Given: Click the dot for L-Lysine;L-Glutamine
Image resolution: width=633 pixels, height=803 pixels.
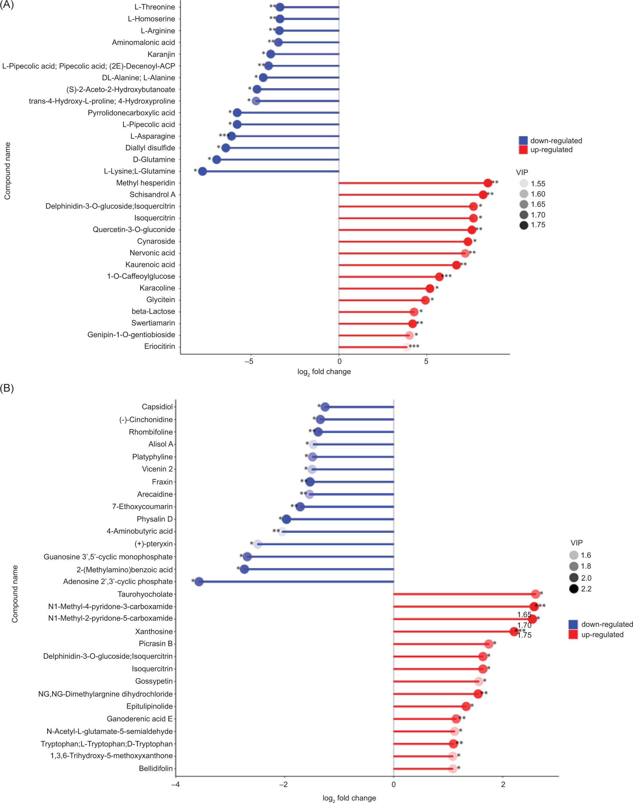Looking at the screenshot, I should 202,171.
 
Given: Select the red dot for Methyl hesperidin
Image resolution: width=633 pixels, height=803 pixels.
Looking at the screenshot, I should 488,183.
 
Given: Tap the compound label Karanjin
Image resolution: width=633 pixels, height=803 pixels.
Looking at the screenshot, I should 161,55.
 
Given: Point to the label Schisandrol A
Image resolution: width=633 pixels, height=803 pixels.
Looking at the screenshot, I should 152,195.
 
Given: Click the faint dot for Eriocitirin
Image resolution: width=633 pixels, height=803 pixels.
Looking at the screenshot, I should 407,347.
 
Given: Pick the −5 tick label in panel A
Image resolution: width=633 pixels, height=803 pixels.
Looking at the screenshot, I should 249,361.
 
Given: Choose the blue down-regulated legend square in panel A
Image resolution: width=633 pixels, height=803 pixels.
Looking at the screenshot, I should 523,141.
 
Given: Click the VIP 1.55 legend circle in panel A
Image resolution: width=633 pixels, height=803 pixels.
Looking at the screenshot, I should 524,184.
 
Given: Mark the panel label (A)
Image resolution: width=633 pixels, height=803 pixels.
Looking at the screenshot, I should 7,5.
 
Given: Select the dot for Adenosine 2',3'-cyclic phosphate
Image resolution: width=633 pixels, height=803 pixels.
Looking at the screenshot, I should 199,582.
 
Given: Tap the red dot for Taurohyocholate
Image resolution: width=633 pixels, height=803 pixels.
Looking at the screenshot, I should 535,594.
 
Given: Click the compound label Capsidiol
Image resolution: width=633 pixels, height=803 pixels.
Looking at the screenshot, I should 157,407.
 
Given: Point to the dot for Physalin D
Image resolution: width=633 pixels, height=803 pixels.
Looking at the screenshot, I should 286,519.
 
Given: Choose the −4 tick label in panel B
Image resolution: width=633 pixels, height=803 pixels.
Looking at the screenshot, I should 175,785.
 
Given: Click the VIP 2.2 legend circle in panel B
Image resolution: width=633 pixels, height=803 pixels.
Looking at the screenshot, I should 574,589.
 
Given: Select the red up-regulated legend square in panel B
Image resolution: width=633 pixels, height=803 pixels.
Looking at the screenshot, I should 573,634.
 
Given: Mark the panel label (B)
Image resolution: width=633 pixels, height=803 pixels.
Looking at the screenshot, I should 7,388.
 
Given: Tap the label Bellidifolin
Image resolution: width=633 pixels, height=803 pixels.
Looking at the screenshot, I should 156,768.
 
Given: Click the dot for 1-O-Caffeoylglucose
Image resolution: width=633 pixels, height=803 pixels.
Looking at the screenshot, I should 439,277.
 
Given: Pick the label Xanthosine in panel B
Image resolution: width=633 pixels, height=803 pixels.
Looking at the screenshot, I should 154,631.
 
